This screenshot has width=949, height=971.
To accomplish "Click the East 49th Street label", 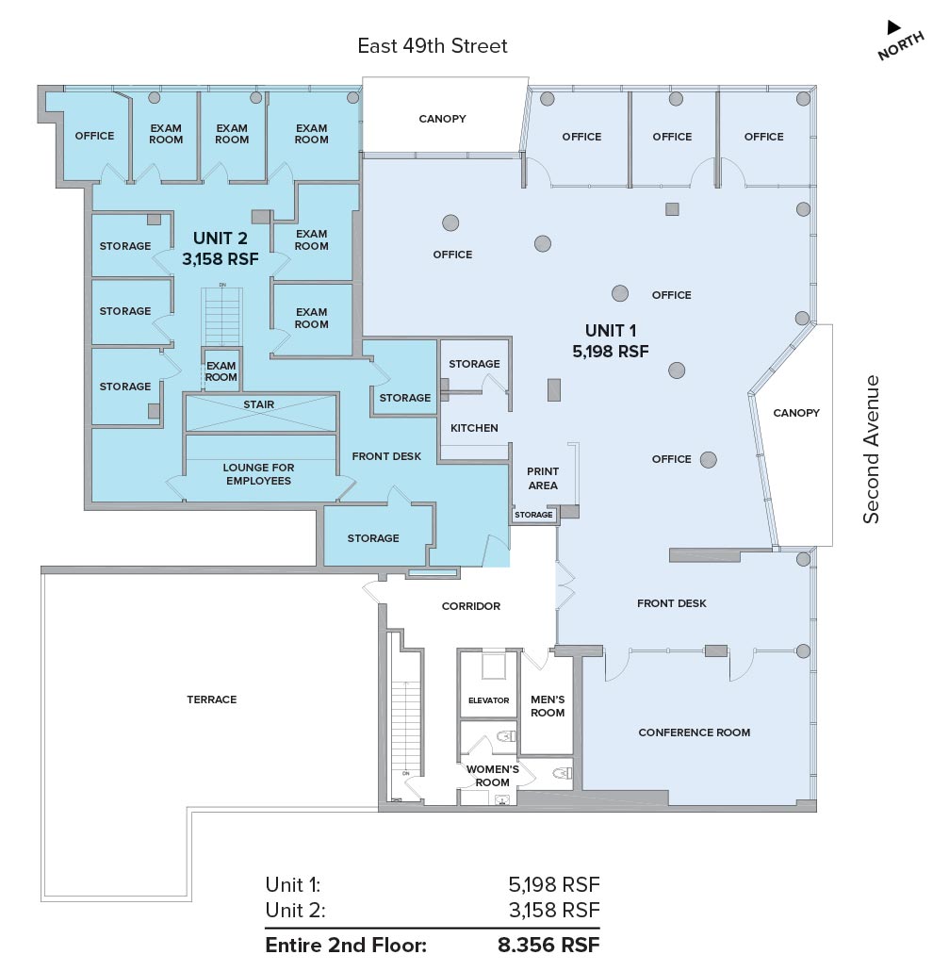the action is point(433,46).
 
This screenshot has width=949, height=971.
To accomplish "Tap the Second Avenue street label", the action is point(871,449).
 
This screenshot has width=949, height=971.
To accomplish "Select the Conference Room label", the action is point(694,732).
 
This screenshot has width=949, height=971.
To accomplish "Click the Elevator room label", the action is point(488,700).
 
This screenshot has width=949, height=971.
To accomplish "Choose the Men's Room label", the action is point(548,706).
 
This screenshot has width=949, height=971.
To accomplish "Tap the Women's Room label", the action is point(492,775).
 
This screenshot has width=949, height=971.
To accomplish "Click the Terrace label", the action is point(212,699).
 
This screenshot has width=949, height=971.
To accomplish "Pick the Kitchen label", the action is point(474,428).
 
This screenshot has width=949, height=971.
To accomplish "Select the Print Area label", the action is point(543,478).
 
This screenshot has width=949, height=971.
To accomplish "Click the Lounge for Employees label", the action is point(258,474).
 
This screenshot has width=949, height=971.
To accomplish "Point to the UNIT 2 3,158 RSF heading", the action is point(221,248).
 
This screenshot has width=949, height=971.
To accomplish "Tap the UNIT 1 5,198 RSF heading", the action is point(611,340).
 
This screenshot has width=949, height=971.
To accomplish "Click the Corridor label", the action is point(470,606).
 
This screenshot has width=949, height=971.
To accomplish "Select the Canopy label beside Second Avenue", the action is point(796,412).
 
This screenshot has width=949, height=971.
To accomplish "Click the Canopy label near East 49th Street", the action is point(442,118).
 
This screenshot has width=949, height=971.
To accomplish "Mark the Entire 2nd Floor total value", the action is point(548,945).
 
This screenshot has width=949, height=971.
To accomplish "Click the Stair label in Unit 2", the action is point(258,404).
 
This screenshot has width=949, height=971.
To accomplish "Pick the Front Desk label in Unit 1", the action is point(672,603).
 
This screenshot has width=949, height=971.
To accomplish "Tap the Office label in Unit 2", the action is point(94,136).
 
